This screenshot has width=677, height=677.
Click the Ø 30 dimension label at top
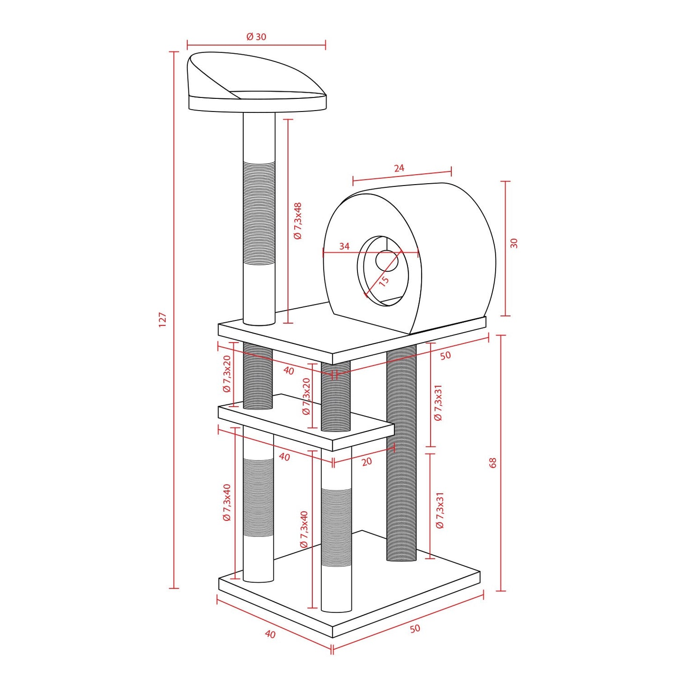click(256, 37)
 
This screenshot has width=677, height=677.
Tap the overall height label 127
click(162, 320)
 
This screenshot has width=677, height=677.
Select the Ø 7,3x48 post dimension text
click(298, 221)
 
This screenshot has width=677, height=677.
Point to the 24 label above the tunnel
click(399, 168)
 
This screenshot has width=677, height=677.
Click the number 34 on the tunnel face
click(344, 246)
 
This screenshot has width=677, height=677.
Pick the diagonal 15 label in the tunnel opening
click(384, 281)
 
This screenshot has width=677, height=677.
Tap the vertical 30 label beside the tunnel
click(514, 243)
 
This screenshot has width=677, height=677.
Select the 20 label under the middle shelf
click(366, 461)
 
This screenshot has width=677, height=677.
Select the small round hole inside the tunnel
click(387, 261)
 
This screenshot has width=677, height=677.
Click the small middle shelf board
click(305, 422)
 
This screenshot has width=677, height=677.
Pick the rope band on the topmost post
click(259, 213)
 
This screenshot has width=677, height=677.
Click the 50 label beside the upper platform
click(445, 356)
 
